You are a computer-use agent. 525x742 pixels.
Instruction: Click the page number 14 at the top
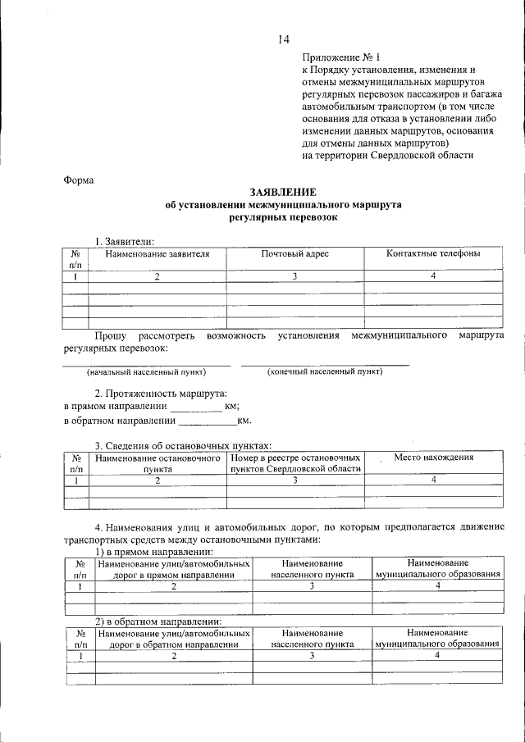tap(283, 39)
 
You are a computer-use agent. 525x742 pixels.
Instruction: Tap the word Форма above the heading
tap(79, 180)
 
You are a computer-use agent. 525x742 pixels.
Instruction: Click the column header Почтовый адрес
tap(294, 254)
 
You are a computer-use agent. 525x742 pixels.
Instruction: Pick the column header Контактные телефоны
tap(433, 254)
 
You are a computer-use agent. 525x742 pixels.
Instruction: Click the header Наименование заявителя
tap(157, 254)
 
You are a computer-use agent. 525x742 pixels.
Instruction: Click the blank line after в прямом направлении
tap(196, 407)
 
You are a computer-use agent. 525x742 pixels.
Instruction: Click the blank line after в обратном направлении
tap(207, 422)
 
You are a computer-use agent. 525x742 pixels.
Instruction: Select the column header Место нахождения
tap(434, 457)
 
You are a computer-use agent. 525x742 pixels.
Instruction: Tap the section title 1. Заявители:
tap(124, 241)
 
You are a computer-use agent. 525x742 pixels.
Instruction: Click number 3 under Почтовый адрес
tap(294, 277)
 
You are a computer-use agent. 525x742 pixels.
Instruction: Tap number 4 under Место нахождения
tap(434, 481)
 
